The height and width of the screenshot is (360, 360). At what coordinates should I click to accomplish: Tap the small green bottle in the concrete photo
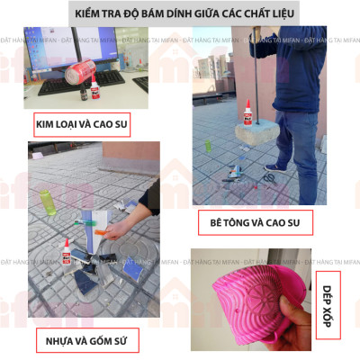pyautogui.click(x=207, y=144)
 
